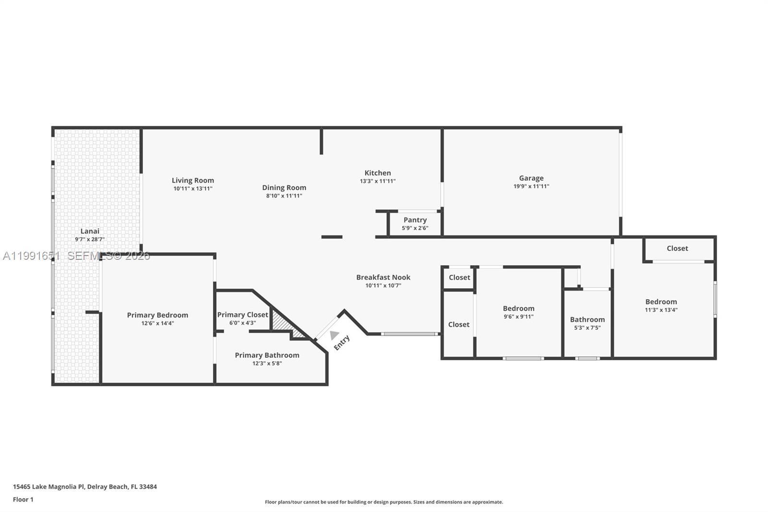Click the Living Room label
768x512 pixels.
[192, 181]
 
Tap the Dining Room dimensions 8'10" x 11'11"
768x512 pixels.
[284, 196]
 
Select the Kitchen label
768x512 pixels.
[377, 173]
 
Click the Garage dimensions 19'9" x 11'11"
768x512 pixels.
[531, 186]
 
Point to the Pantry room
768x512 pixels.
[415, 223]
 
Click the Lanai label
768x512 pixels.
[90, 231]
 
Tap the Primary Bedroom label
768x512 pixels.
[157, 315]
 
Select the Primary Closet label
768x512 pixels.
[242, 315]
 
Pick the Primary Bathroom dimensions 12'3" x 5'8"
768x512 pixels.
[267, 364]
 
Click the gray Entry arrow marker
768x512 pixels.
[334, 335]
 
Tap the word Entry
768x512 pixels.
[342, 342]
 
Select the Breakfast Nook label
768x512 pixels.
[383, 277]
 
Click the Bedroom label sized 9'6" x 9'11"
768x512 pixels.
[518, 308]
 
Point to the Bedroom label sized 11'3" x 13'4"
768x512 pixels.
[661, 302]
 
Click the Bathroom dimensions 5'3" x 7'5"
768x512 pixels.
[587, 328]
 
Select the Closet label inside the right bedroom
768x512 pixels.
[677, 248]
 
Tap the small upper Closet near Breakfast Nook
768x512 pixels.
[459, 278]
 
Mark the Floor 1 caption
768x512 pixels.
[23, 500]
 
